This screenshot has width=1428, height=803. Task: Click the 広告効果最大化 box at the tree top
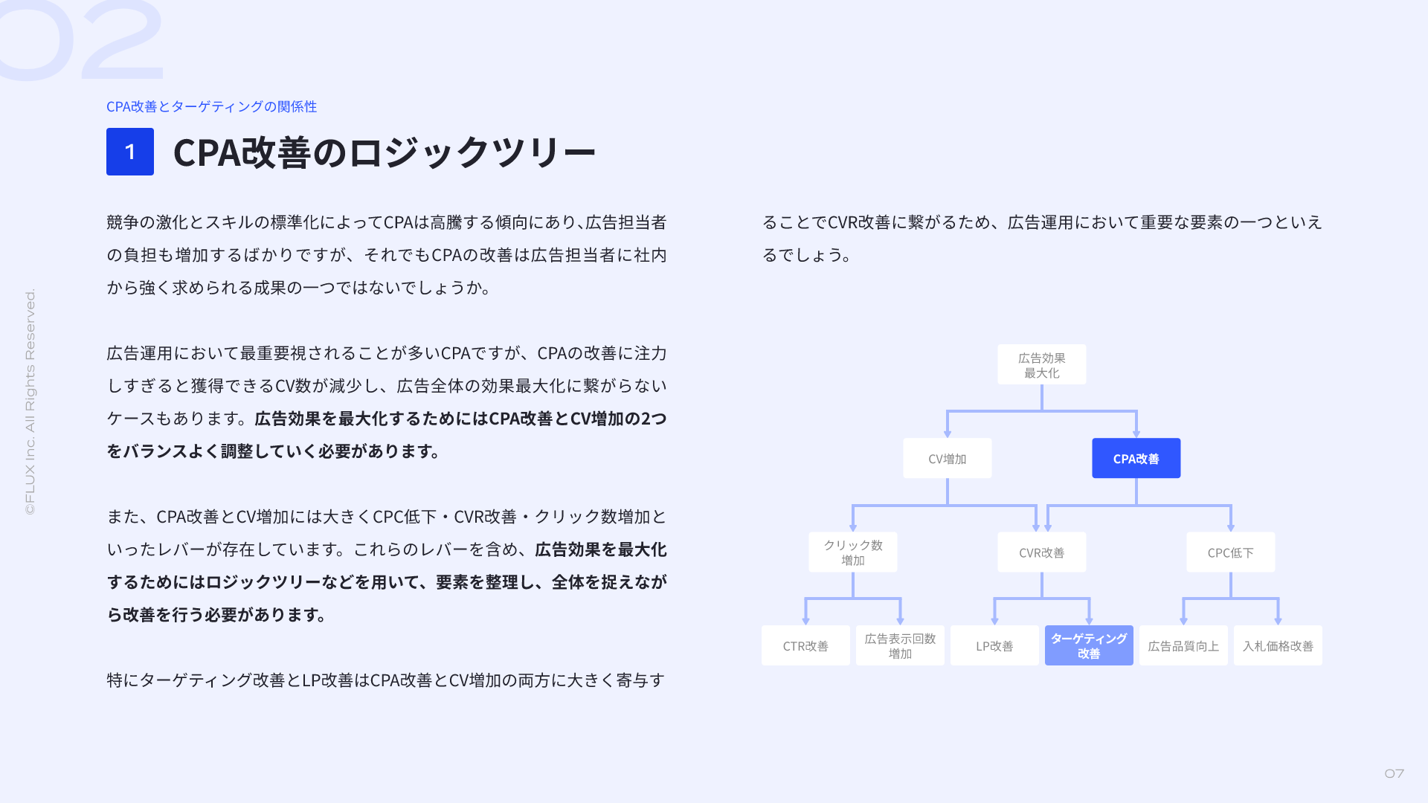tap(1041, 364)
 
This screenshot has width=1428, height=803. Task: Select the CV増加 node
tap(947, 458)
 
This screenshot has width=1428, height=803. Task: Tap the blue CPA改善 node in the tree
tap(1136, 458)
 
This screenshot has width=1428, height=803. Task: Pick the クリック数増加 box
tap(852, 552)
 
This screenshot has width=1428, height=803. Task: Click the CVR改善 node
tap(1041, 552)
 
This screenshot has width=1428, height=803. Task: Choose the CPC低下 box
tap(1230, 552)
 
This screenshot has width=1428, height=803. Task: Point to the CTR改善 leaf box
tap(805, 645)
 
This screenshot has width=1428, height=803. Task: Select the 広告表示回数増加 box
tap(900, 645)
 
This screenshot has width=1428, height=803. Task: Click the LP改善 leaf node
tap(994, 645)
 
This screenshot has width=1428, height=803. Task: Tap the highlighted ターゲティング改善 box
tap(1089, 645)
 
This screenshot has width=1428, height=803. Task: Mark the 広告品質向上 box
tap(1183, 645)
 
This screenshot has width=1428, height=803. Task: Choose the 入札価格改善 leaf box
tap(1278, 645)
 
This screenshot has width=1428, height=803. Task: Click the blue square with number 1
tap(130, 152)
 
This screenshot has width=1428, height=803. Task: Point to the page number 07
tap(1395, 774)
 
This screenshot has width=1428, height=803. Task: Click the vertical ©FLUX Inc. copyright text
tap(30, 401)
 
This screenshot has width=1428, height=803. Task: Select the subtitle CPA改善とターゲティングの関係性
tap(211, 106)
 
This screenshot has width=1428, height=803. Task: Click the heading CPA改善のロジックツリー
tap(385, 152)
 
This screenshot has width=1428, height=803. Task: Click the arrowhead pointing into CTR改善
tap(805, 621)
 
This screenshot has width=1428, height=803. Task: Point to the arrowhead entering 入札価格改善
tap(1278, 621)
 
